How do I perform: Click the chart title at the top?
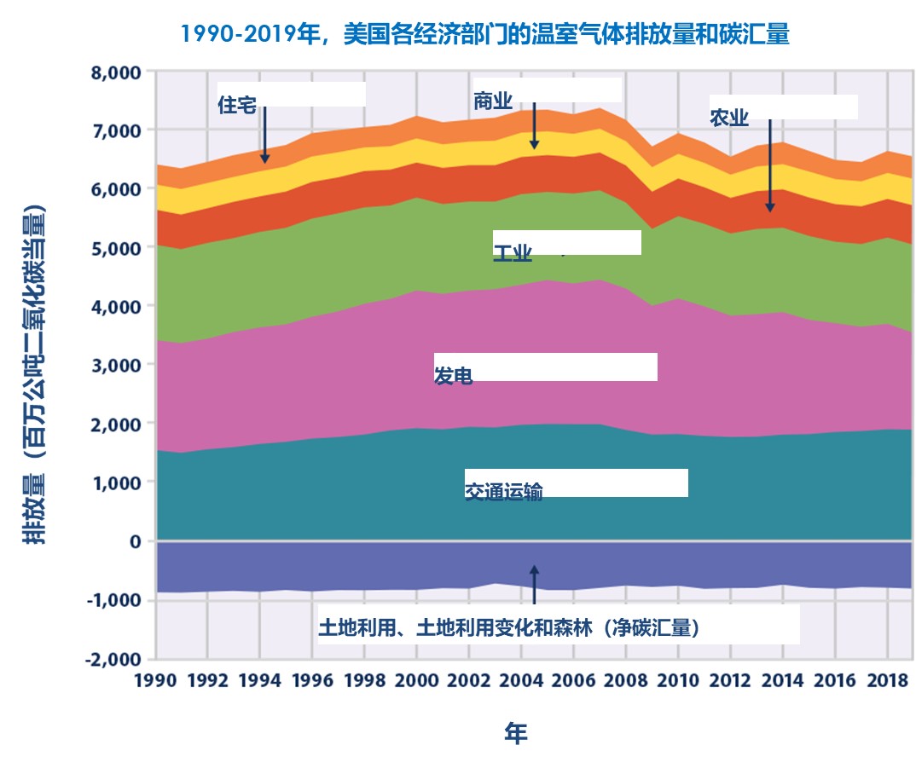(x=484, y=35)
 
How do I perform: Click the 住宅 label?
(x=236, y=106)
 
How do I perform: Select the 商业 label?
(x=492, y=101)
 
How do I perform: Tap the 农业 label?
(x=729, y=118)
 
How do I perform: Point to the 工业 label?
(x=513, y=253)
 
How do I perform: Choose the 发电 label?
(x=453, y=376)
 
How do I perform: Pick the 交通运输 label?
(x=503, y=492)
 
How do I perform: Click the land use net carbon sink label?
(x=509, y=629)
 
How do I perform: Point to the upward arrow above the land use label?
(x=534, y=584)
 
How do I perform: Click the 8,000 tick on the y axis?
(x=115, y=72)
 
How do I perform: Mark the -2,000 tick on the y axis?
(x=113, y=659)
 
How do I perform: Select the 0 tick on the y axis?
(x=134, y=541)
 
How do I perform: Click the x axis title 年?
(x=515, y=733)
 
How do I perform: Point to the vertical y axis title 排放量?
(x=34, y=375)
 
